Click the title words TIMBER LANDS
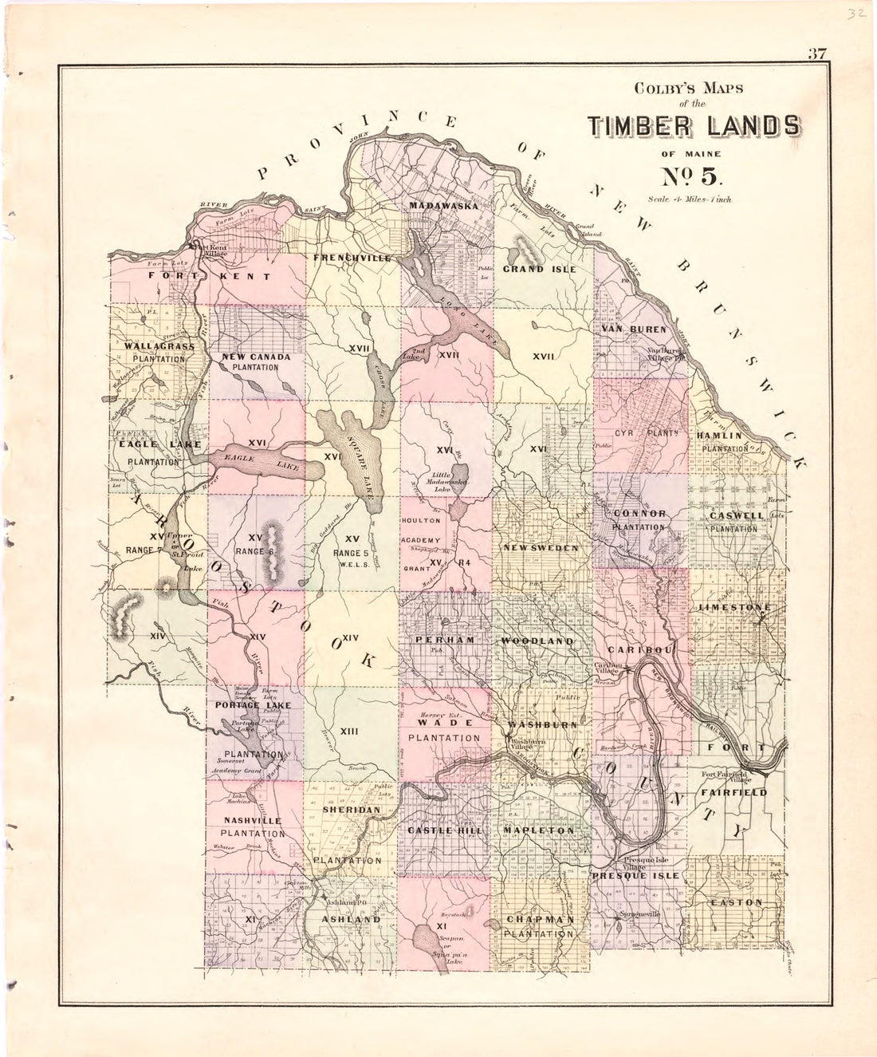(x=694, y=126)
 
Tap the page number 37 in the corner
(x=817, y=55)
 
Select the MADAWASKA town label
(x=443, y=206)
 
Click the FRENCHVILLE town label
(x=352, y=258)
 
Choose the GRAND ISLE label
(x=539, y=269)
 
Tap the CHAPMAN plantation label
(x=539, y=919)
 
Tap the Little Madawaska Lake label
(x=444, y=482)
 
